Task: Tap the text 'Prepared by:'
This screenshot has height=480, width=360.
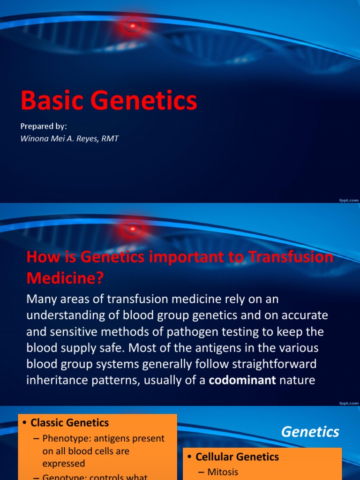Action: [44, 126]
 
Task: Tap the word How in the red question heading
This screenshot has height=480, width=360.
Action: [41, 257]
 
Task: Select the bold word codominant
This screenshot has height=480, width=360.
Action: [242, 380]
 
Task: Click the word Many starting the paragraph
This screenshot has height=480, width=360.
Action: [41, 299]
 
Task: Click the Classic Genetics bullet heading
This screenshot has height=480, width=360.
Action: [69, 423]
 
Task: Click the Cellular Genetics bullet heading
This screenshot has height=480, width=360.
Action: [237, 457]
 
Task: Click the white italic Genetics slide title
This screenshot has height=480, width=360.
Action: [310, 432]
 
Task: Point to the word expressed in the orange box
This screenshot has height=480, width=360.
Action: [64, 464]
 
